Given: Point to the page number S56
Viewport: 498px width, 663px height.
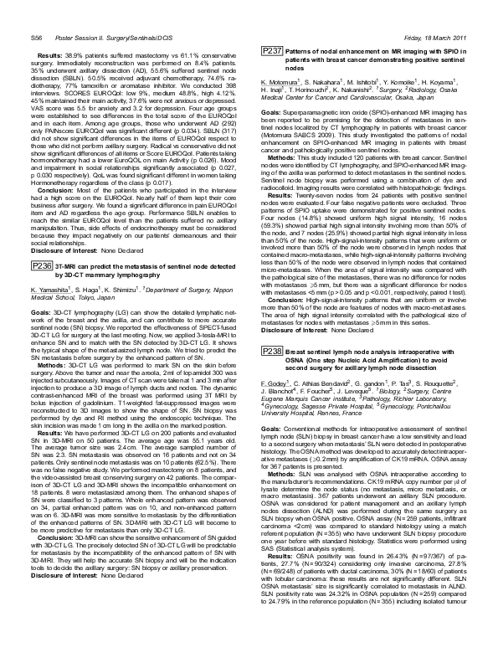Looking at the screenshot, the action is [38, 14].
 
